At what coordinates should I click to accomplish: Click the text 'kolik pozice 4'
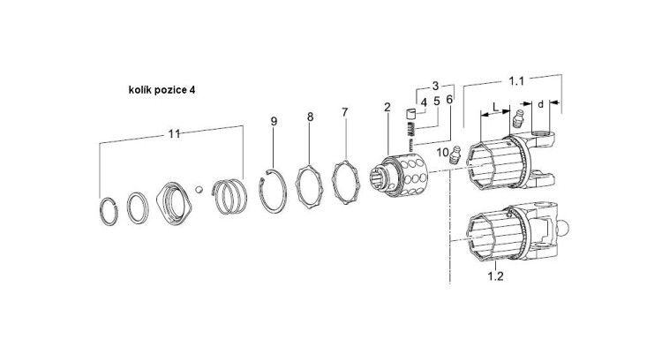(162, 90)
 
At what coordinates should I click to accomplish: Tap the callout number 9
(275, 121)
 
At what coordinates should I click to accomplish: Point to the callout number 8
(310, 117)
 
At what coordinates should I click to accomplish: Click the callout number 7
(344, 112)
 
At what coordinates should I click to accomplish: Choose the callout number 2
(387, 107)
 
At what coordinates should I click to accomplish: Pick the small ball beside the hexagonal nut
(200, 188)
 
